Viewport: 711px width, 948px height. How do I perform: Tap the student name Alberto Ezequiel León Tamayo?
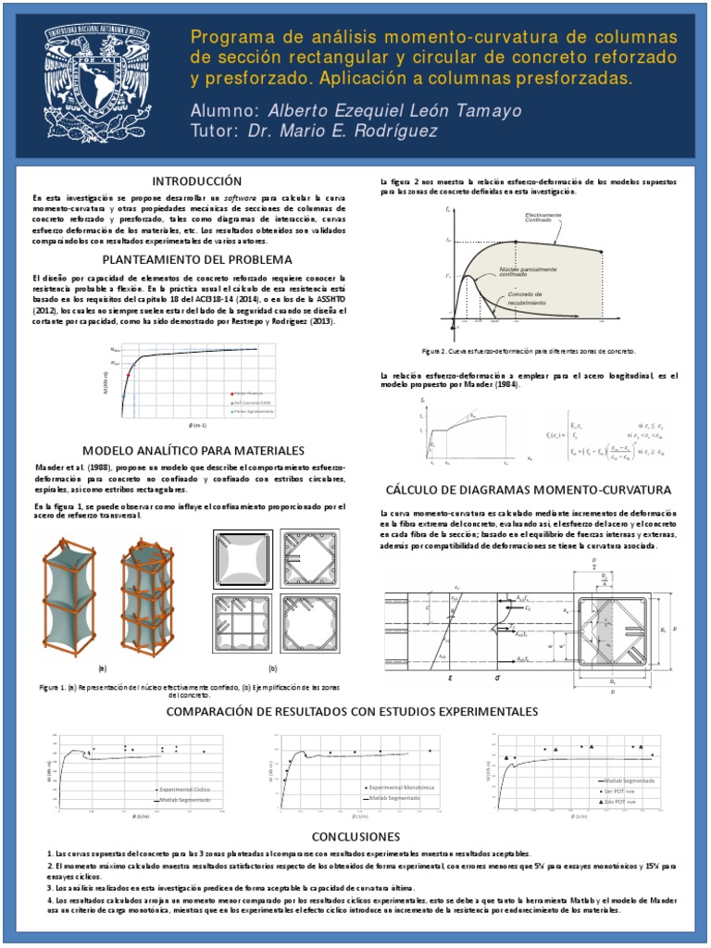pos(394,111)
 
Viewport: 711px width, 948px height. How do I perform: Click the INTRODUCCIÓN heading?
pos(190,181)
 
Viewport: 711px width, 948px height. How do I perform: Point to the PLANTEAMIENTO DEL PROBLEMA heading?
pos(196,259)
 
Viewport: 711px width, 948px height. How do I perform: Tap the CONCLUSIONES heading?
pos(355,835)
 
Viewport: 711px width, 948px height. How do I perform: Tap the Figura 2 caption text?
pos(529,353)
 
